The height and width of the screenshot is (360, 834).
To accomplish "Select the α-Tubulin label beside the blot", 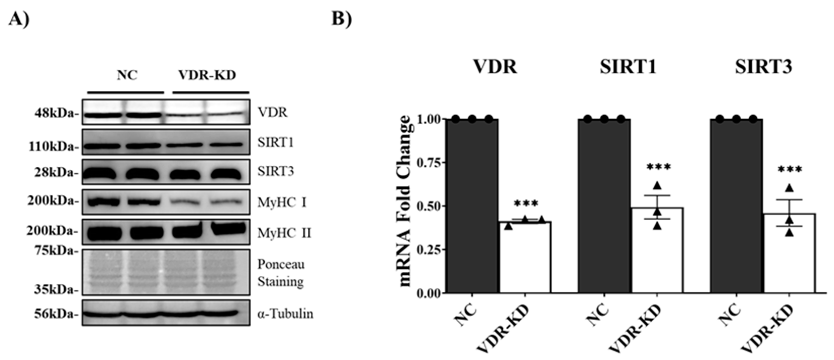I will [285, 314].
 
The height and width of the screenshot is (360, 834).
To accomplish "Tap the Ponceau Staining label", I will [281, 273].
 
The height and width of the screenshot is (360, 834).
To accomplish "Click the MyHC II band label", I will [284, 233].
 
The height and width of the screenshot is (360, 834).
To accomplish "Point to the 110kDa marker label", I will [54, 147].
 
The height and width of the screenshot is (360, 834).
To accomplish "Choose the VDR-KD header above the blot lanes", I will [207, 75].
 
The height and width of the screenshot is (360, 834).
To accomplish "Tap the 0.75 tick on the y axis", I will [429, 163].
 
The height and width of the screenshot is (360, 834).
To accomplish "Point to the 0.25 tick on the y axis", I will [429, 250].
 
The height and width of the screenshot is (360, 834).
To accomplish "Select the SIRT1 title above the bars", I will [628, 67].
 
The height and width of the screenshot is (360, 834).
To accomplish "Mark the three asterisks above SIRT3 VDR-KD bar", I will [790, 170].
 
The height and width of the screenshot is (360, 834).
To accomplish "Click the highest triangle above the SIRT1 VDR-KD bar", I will [657, 186].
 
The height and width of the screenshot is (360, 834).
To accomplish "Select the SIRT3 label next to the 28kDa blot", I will [276, 171].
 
